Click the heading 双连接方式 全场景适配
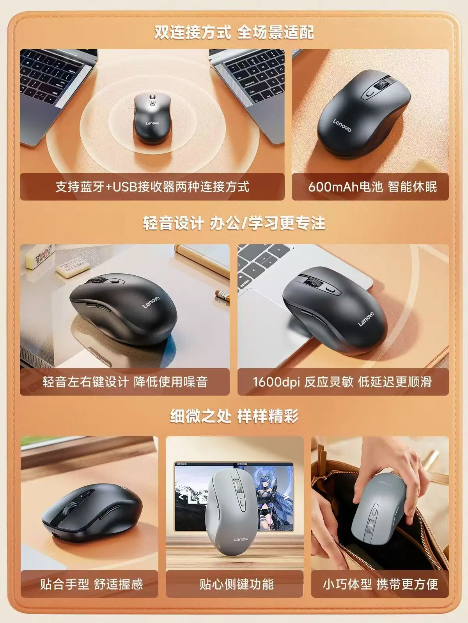pyautogui.click(x=234, y=32)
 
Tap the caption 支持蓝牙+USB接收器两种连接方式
pyautogui.click(x=152, y=187)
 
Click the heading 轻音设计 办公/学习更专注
pyautogui.click(x=234, y=223)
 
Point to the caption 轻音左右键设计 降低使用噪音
pyautogui.click(x=125, y=382)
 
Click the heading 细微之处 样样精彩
pyautogui.click(x=234, y=416)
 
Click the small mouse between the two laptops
pyautogui.click(x=152, y=119)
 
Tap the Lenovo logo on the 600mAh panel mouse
pyautogui.click(x=342, y=125)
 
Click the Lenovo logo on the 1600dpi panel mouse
pyautogui.click(x=366, y=319)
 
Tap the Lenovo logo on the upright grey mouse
pyautogui.click(x=241, y=539)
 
